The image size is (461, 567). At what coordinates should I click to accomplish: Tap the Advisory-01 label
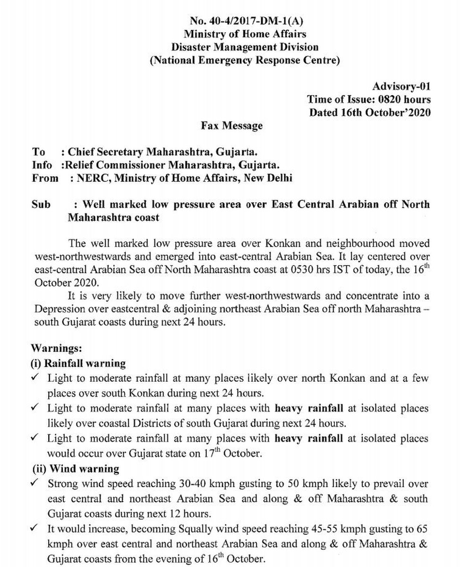pyautogui.click(x=401, y=86)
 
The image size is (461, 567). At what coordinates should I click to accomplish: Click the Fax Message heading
pyautogui.click(x=231, y=126)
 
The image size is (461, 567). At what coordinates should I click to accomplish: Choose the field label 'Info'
pyautogui.click(x=41, y=165)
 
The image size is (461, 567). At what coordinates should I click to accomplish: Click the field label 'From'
pyautogui.click(x=45, y=178)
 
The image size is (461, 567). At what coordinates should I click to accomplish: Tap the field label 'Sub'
pyautogui.click(x=41, y=205)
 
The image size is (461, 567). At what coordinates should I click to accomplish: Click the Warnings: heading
pyautogui.click(x=57, y=349)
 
